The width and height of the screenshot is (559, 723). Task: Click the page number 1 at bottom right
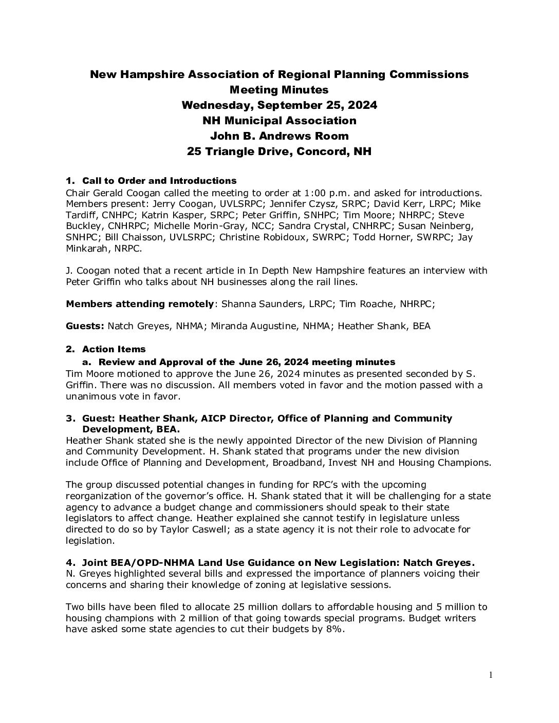[491, 675]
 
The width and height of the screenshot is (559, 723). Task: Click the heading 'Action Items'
[114, 349]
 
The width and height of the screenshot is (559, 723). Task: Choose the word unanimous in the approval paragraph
[91, 396]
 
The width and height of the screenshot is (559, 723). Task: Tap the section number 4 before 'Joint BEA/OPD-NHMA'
[69, 562]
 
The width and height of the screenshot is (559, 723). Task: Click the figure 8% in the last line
[334, 629]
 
